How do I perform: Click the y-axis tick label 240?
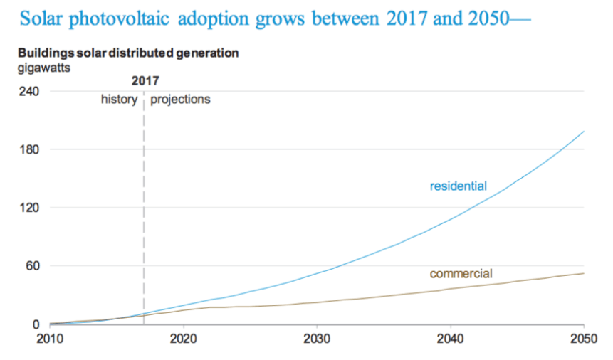(x=28, y=92)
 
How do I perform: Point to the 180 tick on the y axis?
(x=28, y=149)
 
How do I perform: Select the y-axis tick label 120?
(x=28, y=208)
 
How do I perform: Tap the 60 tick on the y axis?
(x=31, y=266)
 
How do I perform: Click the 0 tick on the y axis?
(x=34, y=324)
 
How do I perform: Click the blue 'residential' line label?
(x=458, y=186)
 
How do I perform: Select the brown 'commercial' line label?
(x=461, y=273)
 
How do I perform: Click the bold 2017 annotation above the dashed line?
(x=145, y=82)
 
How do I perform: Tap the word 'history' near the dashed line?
(x=118, y=100)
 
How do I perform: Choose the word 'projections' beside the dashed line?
(x=180, y=100)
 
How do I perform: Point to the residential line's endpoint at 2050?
(x=584, y=132)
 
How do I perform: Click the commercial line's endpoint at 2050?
(x=584, y=273)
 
